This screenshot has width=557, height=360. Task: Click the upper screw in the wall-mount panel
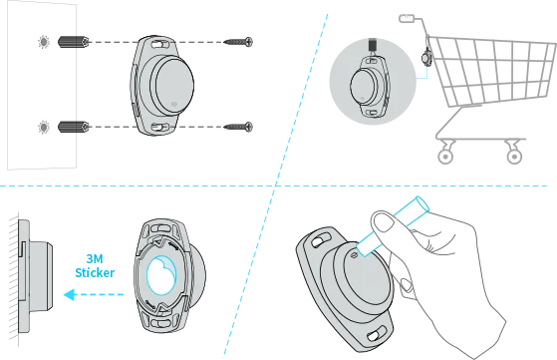239,42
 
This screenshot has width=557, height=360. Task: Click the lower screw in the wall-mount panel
239,127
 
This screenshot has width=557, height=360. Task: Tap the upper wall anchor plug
74,42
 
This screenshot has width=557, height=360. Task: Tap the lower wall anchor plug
74,127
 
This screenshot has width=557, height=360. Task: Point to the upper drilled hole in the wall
44,42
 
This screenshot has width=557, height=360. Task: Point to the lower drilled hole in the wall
44,127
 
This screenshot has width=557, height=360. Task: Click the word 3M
95,258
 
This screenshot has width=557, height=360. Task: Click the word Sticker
95,272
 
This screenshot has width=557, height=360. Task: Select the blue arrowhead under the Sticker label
70,294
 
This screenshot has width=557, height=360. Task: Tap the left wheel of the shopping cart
445,157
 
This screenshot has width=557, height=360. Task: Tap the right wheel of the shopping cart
514,157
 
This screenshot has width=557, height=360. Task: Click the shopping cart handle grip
407,18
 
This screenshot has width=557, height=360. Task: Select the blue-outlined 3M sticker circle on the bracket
161,275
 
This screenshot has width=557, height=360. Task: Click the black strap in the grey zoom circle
373,45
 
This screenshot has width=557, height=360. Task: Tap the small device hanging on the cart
426,57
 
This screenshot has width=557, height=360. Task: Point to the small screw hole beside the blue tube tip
354,255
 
